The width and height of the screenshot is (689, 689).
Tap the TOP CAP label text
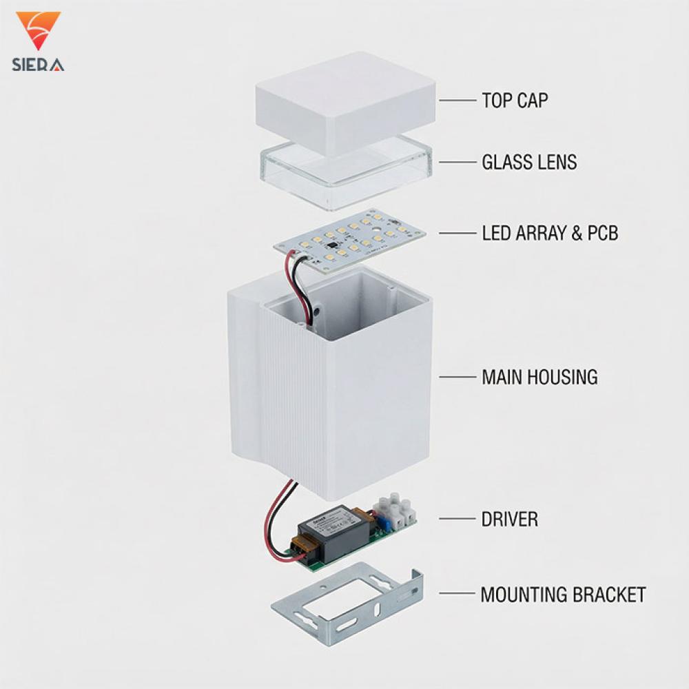click(x=515, y=101)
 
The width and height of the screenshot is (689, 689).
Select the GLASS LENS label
click(x=529, y=162)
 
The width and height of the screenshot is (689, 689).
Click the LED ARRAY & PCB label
click(x=550, y=233)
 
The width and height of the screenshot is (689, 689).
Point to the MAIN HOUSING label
click(x=539, y=377)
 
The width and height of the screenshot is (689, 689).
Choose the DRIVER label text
click(x=510, y=519)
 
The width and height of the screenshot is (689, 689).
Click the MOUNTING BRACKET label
click(x=563, y=594)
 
